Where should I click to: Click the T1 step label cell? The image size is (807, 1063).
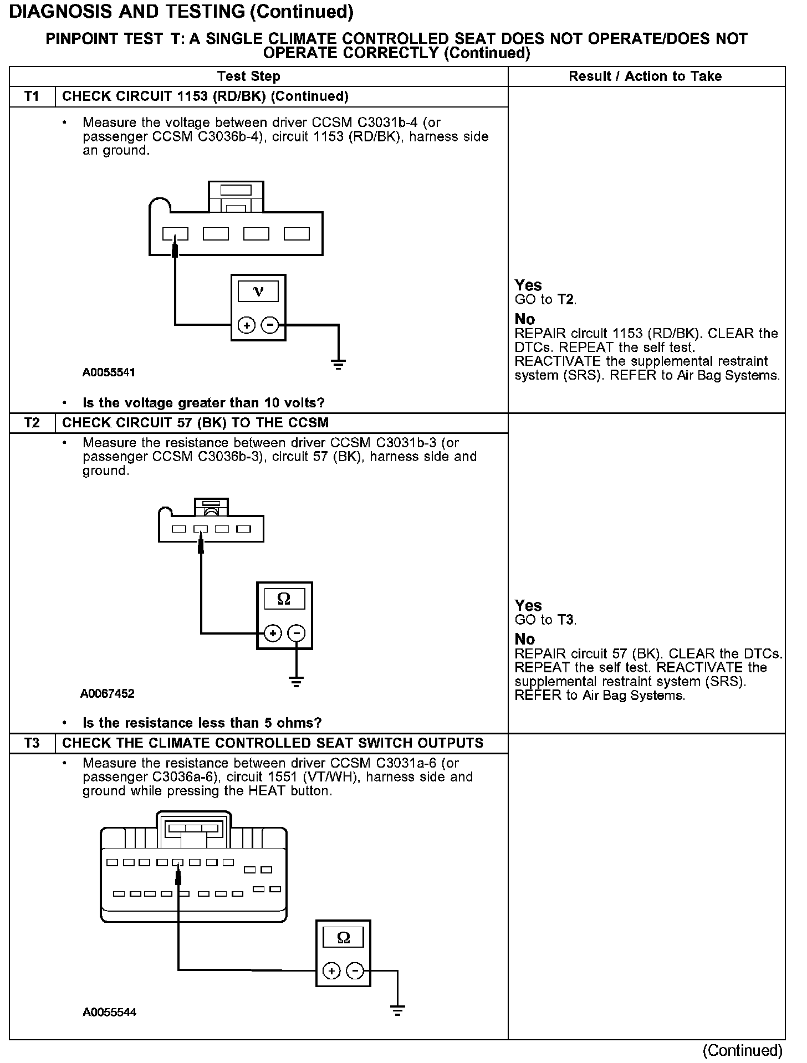(32, 96)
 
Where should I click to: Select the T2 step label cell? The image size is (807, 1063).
(32, 423)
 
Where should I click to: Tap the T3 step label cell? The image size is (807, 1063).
(32, 743)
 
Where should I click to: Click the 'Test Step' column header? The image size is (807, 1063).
(248, 76)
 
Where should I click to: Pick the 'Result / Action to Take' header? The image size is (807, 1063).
(645, 76)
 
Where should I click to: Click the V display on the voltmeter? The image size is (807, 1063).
(258, 291)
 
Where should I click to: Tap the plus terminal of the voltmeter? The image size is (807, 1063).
(246, 325)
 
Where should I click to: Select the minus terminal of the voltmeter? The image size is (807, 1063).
(270, 325)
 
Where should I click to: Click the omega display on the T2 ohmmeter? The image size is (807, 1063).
(284, 599)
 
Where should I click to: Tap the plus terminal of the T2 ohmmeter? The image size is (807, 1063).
(272, 633)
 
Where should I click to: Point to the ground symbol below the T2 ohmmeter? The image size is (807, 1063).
(297, 682)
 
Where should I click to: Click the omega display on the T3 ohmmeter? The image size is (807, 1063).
(344, 938)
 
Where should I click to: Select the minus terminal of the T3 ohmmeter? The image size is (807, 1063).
(355, 970)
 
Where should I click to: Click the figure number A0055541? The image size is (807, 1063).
(109, 372)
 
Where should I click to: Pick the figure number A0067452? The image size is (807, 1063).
(108, 693)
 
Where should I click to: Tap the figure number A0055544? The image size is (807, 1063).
(110, 1012)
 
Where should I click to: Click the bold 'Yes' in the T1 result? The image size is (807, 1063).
(528, 285)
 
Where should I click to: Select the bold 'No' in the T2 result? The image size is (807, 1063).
(524, 639)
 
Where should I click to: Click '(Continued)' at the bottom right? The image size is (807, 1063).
(742, 1050)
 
